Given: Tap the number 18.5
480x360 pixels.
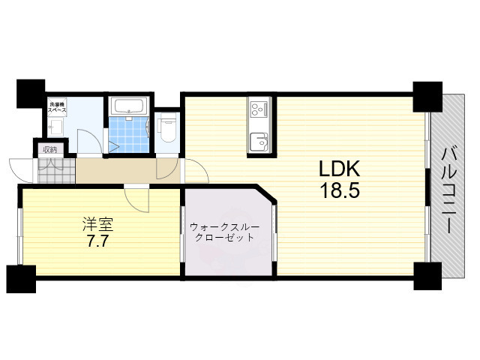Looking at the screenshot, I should click(x=340, y=190).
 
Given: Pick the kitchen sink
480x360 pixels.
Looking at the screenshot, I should click(x=259, y=140).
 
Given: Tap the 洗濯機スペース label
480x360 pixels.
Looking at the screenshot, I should click(x=58, y=106).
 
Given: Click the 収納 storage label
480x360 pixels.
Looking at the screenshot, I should click(x=49, y=150).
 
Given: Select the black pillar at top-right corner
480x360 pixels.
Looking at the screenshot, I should click(x=427, y=94).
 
